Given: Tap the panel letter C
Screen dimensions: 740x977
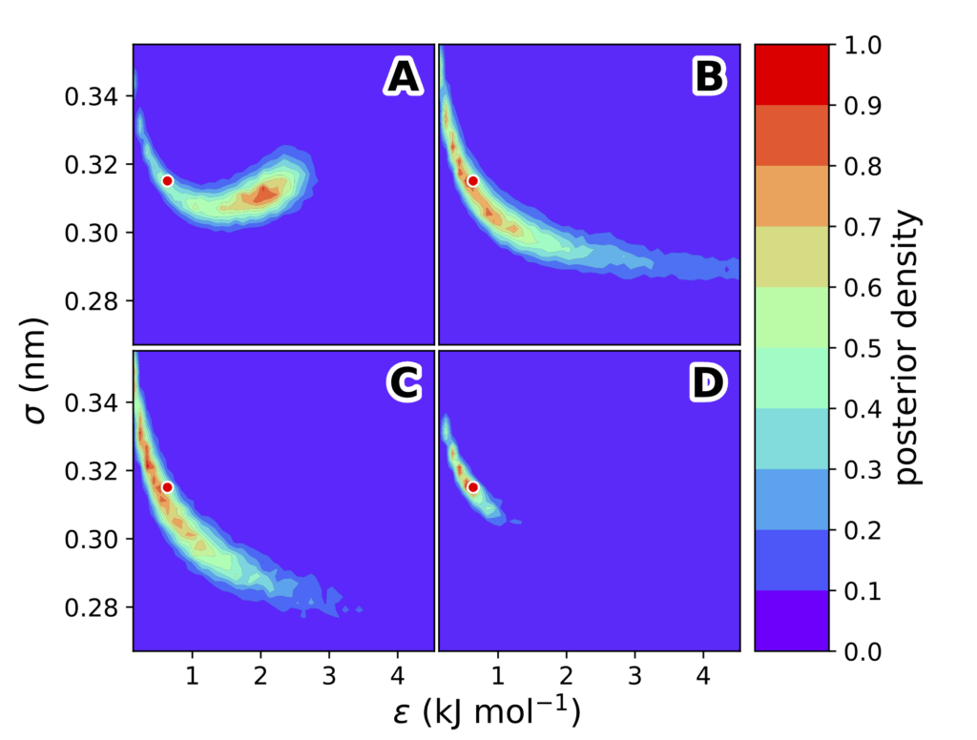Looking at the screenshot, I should click(402, 383).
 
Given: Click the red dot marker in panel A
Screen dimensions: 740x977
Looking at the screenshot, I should click(167, 180).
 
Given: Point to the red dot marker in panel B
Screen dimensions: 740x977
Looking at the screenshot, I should click(472, 180).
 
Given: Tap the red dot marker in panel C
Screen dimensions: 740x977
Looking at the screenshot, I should click(167, 486).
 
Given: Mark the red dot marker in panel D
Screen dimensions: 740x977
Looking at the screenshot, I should click(472, 486).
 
